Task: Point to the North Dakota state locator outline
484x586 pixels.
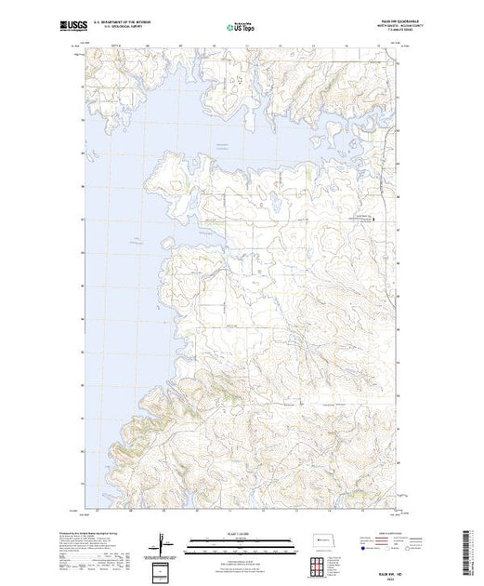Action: coord(318,541)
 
